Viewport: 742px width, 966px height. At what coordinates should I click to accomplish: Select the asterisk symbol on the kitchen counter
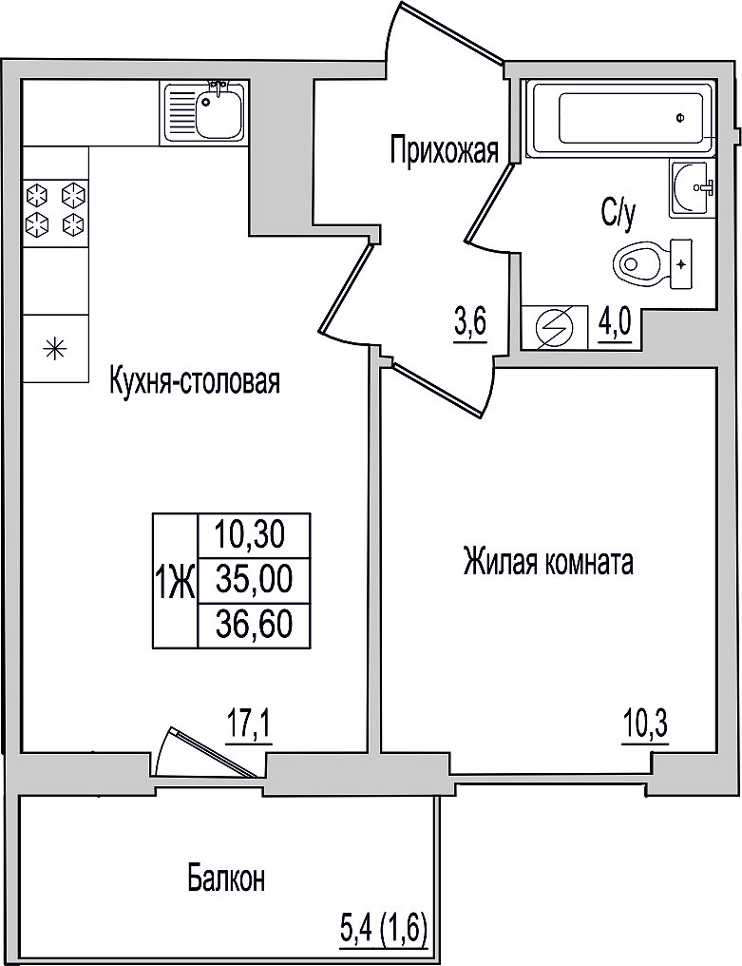pos(55,349)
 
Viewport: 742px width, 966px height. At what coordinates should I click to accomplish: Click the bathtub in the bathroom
pos(621,118)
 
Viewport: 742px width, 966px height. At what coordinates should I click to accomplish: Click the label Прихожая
pos(445,150)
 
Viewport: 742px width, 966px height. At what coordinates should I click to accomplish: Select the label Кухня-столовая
pos(195,380)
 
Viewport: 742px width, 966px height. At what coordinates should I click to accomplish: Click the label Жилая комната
pos(548,563)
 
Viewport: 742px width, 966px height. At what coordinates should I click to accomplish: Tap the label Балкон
pos(227,879)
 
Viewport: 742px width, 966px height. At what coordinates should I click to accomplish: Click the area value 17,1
pos(249,729)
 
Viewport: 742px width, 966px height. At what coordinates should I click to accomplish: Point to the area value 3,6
pos(471,322)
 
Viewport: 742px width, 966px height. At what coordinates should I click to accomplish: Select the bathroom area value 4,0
pos(615,320)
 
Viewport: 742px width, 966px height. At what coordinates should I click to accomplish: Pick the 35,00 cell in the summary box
pos(254,581)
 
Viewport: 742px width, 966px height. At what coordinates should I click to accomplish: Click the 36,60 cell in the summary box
pos(254,626)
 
